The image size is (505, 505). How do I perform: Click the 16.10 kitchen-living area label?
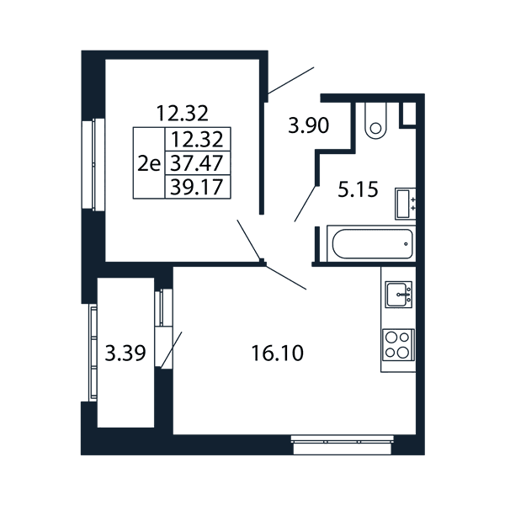click(x=277, y=353)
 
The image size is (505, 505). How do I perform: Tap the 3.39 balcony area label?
click(x=125, y=353)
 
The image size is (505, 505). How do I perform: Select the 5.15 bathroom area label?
click(x=358, y=189)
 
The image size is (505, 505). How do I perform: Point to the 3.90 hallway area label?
click(x=309, y=125)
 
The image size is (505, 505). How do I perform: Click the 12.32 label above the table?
click(x=183, y=114)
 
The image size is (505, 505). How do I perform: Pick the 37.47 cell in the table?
click(x=197, y=163)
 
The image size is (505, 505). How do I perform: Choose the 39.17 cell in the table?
click(x=197, y=187)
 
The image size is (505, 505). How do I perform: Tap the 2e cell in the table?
click(x=149, y=163)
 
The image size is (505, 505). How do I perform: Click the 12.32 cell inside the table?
click(x=197, y=139)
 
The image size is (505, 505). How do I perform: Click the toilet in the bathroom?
click(x=375, y=121)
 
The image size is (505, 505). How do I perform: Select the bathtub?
click(x=371, y=243)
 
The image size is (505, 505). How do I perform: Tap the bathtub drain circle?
click(x=406, y=244)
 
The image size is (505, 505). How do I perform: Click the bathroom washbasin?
click(x=405, y=204)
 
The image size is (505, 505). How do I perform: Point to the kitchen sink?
click(x=399, y=295)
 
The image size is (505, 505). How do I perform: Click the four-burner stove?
click(x=398, y=345)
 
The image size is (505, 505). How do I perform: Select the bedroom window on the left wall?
click(x=93, y=165)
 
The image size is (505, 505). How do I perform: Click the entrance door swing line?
click(x=291, y=81)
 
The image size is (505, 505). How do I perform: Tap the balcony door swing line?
click(x=172, y=349)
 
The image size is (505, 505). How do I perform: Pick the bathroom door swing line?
click(x=305, y=204)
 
